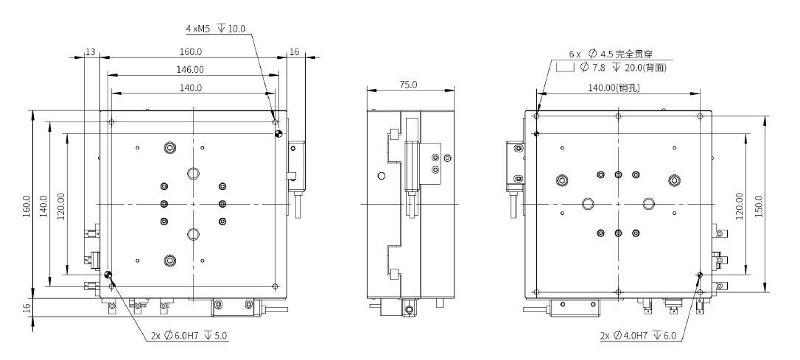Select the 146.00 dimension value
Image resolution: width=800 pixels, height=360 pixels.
pos(191,69)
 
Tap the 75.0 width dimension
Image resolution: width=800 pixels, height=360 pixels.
pos(408,85)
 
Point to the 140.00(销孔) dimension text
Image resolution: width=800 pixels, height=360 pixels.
pos(618,88)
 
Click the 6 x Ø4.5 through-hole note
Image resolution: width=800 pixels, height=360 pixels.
pos(611,54)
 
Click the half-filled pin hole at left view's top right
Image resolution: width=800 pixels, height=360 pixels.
pos(278,134)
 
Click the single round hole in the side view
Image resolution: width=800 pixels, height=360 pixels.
pos(381,176)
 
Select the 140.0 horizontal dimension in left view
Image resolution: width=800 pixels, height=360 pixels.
pos(191,88)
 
